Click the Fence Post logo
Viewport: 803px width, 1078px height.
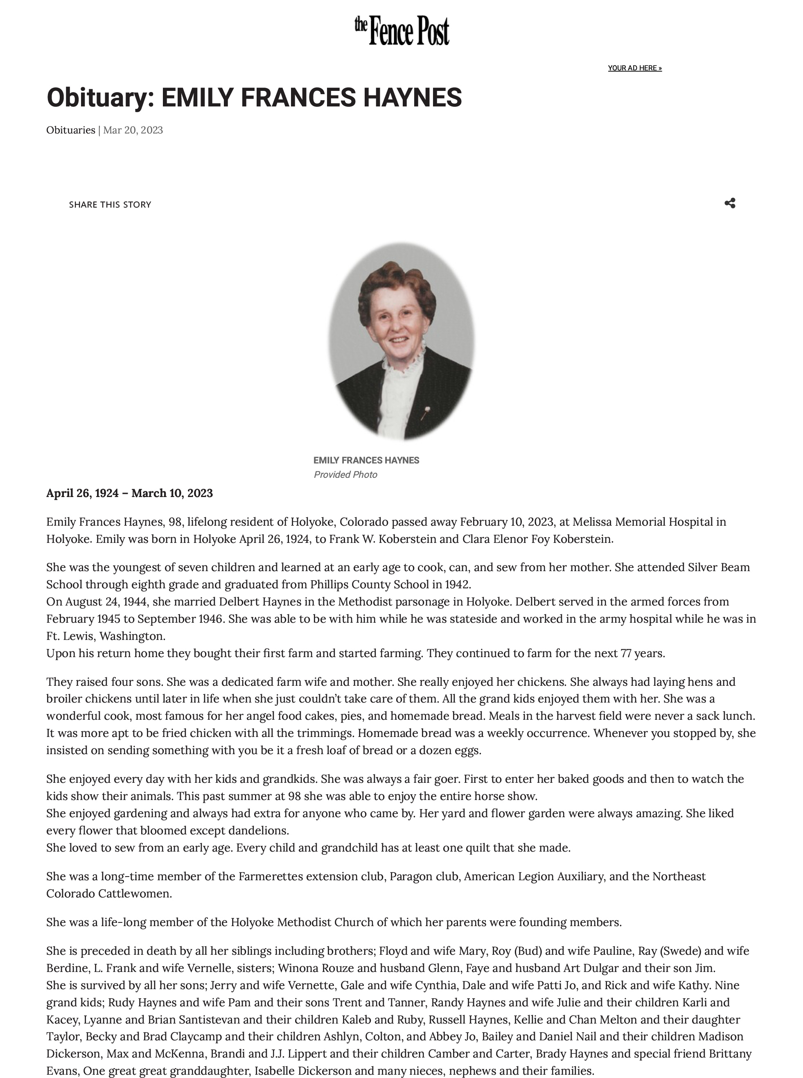401,30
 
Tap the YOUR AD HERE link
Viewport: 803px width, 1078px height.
634,68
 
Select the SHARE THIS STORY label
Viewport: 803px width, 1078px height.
110,205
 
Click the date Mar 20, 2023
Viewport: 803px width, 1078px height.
133,130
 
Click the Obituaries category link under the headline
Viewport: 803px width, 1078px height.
70,130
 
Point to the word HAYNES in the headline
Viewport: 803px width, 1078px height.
412,97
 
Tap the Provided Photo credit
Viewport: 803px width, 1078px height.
345,475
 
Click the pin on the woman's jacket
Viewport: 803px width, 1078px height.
427,411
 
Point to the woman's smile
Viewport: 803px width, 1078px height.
400,339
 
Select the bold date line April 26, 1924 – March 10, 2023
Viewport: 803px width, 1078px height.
129,493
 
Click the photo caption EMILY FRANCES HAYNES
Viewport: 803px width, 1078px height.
366,460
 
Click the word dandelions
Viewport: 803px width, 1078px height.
259,830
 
